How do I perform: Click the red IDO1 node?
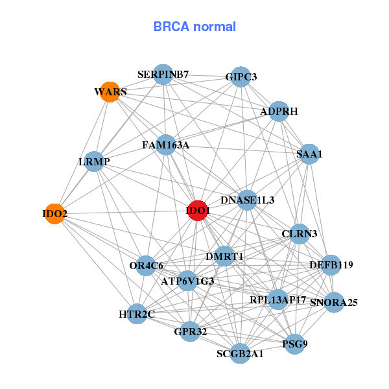coord(197,211)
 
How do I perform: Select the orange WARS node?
coord(110,92)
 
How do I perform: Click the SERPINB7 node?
coord(163,75)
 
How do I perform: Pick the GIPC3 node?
coord(241,77)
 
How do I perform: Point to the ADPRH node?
coord(279,112)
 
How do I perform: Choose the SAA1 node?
coord(309,154)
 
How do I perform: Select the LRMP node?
coord(94,161)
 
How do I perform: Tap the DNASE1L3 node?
coord(247,200)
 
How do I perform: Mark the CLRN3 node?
coord(299,233)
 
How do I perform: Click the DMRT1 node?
coord(224,257)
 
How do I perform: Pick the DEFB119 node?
coord(331,265)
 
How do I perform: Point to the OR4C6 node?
coord(147,265)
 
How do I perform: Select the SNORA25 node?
coord(333,302)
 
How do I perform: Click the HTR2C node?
coord(137,314)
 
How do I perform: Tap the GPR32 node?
coord(189,332)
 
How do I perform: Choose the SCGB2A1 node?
coord(240,353)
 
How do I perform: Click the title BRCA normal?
coord(194,27)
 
